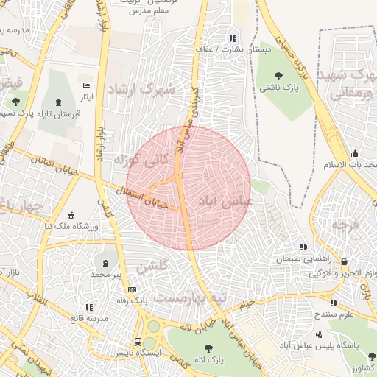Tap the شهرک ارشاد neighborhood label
coord(142,89)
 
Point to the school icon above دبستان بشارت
coord(233,38)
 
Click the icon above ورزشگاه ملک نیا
coord(71,215)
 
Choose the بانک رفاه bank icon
coord(132,290)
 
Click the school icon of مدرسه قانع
coord(89,306)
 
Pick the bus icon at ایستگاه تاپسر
coord(138,342)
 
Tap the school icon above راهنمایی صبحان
coord(303,247)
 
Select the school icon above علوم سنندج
coord(334,302)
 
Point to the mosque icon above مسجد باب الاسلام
coord(356,154)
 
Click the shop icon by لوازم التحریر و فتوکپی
coord(344,261)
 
